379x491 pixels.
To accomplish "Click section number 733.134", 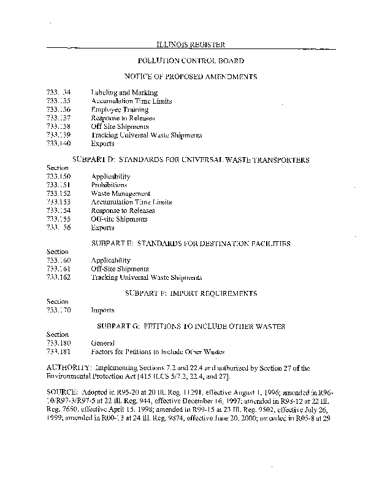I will click(58, 93).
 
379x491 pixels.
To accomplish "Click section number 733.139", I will click(58, 134).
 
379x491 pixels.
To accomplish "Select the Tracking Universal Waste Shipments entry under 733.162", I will click(146, 277).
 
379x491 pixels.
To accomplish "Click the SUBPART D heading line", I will click(191, 160).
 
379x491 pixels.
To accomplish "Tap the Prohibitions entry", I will click(109, 185).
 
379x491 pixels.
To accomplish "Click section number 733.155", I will click(58, 218).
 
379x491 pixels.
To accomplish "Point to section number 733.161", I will click(58, 269).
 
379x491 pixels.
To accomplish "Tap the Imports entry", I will click(102, 311).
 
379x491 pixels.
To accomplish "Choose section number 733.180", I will click(58, 344).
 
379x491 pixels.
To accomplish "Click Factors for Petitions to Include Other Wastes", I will click(158, 352).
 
